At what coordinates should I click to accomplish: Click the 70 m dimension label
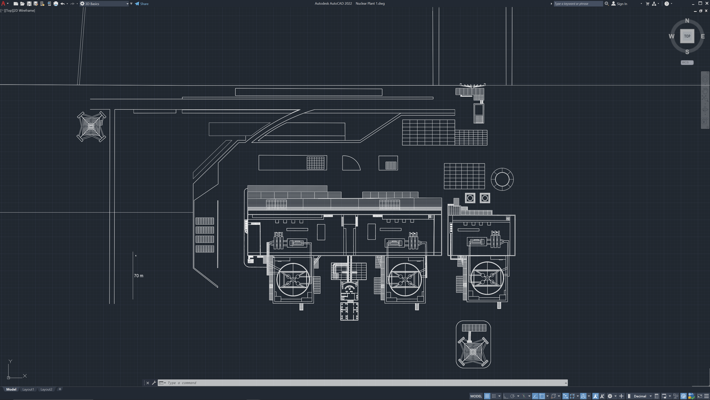pos(138,276)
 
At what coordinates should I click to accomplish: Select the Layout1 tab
pos(28,389)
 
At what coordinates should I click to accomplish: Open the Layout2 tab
pos(46,389)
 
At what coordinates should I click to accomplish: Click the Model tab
pos(11,389)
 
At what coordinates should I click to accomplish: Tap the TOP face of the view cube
pos(687,36)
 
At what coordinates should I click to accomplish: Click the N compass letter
pos(687,21)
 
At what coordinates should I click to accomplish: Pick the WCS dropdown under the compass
pos(687,63)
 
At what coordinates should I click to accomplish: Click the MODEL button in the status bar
pos(476,396)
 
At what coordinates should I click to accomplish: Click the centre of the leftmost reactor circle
pos(293,280)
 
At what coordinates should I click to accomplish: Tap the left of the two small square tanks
pos(470,198)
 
